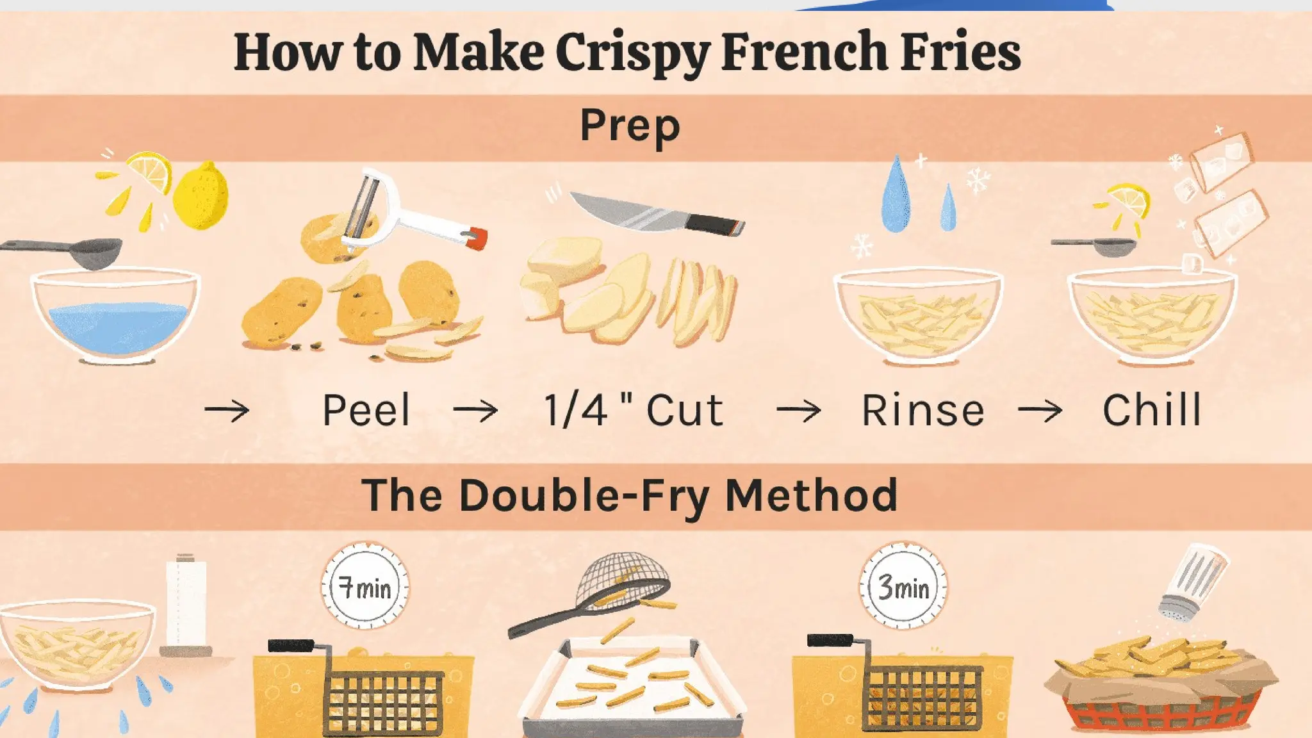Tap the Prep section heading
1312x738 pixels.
point(630,126)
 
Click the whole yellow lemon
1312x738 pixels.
point(201,195)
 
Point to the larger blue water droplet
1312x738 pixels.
point(896,195)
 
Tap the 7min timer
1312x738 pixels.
point(365,586)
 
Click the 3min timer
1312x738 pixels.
point(903,586)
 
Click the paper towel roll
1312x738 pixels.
point(186,602)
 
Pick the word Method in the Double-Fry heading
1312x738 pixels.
point(811,495)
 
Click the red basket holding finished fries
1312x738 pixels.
point(1160,711)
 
